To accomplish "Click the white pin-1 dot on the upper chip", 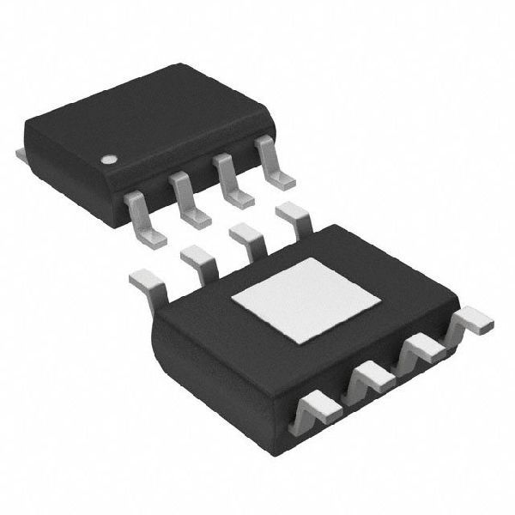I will click(x=109, y=159).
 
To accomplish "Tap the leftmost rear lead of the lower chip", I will click(x=146, y=282).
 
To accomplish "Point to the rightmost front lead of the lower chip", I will click(x=471, y=321).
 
